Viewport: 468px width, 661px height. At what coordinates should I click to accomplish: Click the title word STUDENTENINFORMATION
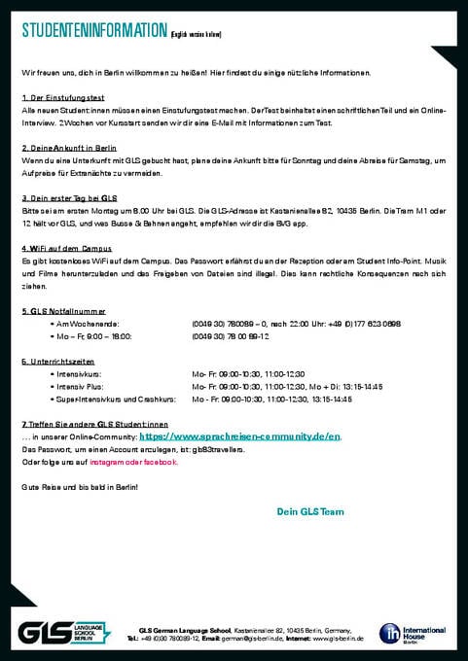tap(93, 33)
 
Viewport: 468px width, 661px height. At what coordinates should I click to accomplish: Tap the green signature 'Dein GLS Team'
tap(310, 510)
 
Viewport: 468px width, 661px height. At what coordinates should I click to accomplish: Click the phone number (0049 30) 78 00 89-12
tap(231, 335)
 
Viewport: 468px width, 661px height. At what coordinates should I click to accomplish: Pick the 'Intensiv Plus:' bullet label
tap(81, 386)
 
